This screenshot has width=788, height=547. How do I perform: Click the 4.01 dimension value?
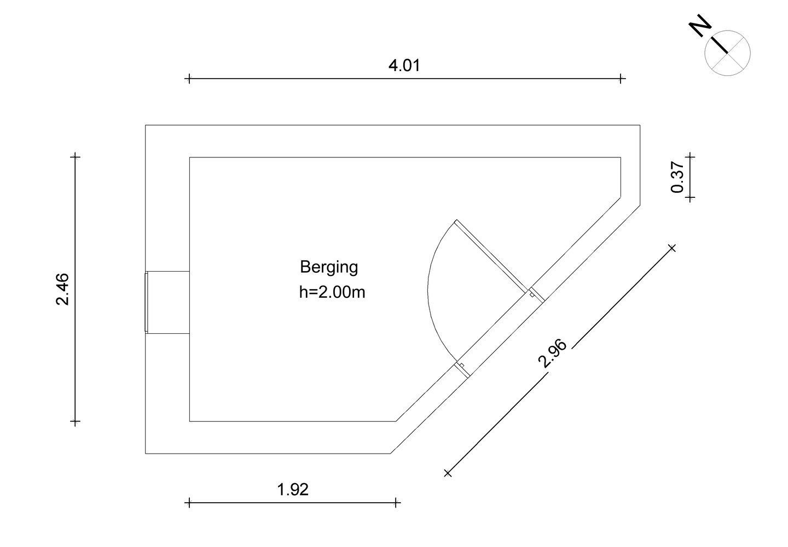(404, 66)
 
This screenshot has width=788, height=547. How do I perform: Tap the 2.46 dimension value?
(62, 289)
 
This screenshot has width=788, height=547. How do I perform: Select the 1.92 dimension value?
(293, 490)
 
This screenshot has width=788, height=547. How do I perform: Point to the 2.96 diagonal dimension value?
(552, 353)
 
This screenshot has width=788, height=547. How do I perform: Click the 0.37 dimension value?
(677, 177)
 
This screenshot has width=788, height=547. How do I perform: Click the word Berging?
(329, 268)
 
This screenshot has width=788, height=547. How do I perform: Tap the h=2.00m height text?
(332, 292)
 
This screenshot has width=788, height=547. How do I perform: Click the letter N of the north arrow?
(700, 25)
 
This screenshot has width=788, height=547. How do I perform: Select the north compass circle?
(727, 53)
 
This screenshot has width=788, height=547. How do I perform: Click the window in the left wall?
(146, 302)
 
